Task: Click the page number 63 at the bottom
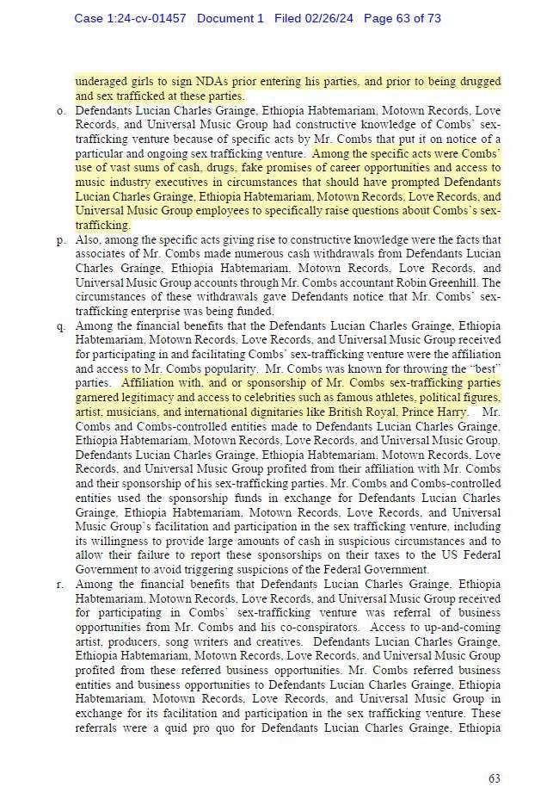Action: pyautogui.click(x=494, y=778)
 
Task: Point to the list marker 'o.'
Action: pyautogui.click(x=63, y=112)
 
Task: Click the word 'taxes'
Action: pyautogui.click(x=359, y=555)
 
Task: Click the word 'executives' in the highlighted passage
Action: pyautogui.click(x=185, y=183)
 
